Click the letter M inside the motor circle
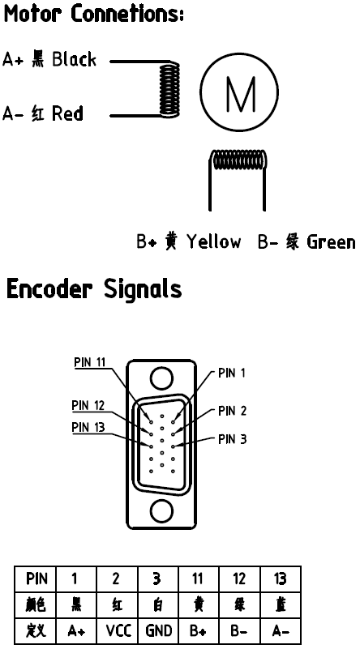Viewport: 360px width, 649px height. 240,94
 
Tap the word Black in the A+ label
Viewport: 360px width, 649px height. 74,60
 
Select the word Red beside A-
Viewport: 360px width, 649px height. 67,113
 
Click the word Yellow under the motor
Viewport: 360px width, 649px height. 213,241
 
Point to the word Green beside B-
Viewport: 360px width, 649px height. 331,241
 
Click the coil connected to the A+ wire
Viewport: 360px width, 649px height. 169,88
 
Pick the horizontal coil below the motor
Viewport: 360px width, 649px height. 238,160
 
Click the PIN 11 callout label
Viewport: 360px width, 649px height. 90,362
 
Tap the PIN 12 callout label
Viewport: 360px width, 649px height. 88,405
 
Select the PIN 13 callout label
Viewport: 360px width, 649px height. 88,427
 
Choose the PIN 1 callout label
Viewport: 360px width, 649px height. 232,373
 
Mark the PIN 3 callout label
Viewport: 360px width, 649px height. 233,439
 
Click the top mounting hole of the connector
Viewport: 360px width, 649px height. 161,378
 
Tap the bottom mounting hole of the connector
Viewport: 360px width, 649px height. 161,510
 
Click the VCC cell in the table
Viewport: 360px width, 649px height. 118,631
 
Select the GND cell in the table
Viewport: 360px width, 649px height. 159,631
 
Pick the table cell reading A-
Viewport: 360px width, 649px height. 281,631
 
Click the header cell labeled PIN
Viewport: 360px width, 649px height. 36,579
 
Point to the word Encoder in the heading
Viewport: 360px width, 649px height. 49,288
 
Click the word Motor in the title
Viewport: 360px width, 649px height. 32,14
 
